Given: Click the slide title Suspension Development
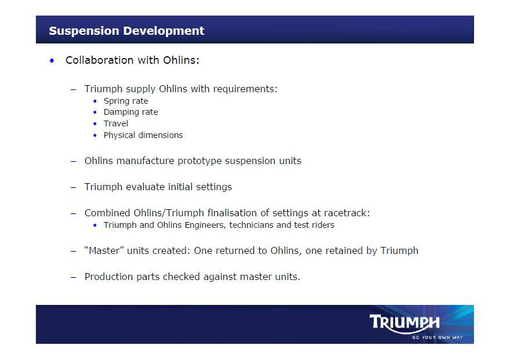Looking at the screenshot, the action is pos(126,31).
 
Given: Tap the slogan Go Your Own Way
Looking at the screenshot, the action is pos(437,337).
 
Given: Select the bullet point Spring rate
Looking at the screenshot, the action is pos(126,101).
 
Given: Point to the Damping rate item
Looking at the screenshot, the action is pos(131,112).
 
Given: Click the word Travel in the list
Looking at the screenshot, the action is pos(115,123).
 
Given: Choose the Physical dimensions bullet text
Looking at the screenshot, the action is pos(143,135).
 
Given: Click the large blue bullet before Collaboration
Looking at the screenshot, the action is pos(52,61).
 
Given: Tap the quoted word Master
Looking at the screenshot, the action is pos(104,250).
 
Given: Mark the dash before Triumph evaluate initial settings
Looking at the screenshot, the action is pos(73,187).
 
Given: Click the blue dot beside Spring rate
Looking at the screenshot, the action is pos(95,101).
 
